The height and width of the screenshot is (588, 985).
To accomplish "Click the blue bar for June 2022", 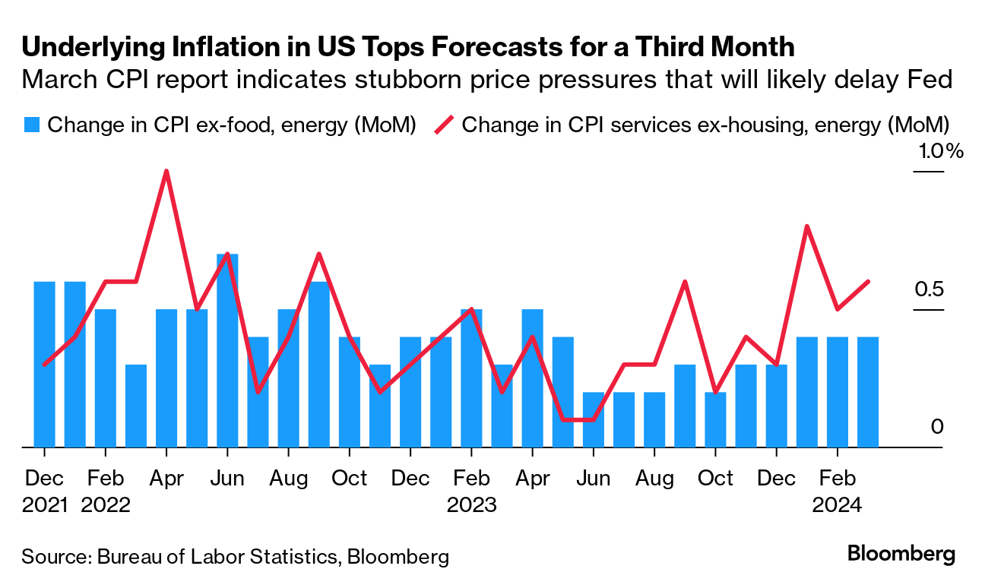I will click(x=227, y=350).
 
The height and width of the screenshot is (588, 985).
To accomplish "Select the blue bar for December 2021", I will click(x=45, y=364).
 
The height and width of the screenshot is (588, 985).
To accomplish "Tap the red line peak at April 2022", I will click(x=166, y=171).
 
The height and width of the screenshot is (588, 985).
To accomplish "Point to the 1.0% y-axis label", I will click(x=941, y=151).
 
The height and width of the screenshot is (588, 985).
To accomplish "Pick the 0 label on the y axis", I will click(x=937, y=427).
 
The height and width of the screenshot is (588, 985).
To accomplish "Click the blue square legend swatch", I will click(x=31, y=125).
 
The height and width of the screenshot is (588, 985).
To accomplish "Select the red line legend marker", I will click(x=445, y=125).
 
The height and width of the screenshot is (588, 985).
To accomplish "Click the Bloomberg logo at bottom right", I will click(x=901, y=555).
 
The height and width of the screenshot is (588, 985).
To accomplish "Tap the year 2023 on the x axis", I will click(x=471, y=505).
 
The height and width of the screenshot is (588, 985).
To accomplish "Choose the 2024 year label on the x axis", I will click(x=837, y=505).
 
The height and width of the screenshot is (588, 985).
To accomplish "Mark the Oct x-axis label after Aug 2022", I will click(x=350, y=479).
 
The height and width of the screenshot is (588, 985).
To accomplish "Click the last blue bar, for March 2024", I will click(x=868, y=391).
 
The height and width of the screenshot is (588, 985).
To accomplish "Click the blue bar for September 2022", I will click(x=319, y=364).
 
